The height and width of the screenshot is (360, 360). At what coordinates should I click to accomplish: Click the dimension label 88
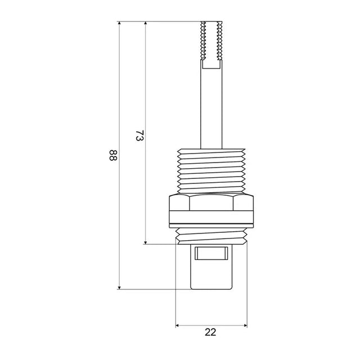pyautogui.click(x=113, y=155)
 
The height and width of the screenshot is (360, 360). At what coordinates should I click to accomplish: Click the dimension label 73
pyautogui.click(x=139, y=136)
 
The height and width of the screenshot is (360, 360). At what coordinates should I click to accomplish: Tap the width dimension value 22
pyautogui.click(x=210, y=332)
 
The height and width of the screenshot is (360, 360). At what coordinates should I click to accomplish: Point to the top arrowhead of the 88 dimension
pyautogui.click(x=119, y=23)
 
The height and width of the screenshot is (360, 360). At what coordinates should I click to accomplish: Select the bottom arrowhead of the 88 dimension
pyautogui.click(x=119, y=287)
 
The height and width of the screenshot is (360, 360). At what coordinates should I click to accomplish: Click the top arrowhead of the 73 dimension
pyautogui.click(x=145, y=23)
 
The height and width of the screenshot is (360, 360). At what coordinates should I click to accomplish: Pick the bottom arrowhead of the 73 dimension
pyautogui.click(x=145, y=242)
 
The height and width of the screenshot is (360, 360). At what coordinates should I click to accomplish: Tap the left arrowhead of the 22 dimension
pyautogui.click(x=177, y=325)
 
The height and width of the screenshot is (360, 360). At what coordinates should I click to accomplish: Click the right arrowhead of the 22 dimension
pyautogui.click(x=245, y=325)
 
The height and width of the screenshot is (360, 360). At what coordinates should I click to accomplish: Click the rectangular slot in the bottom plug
pyautogui.click(x=211, y=253)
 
